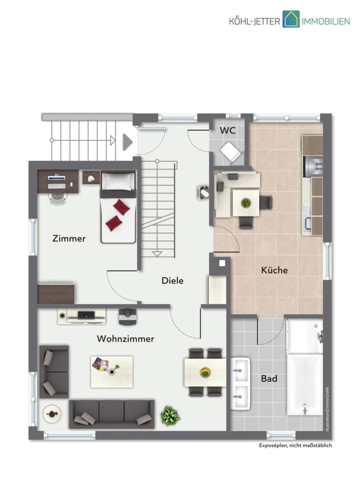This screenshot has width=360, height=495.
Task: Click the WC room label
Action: [x=227, y=131]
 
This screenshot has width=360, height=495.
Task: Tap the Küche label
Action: [x=274, y=270]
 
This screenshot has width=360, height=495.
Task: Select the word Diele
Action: [x=173, y=280]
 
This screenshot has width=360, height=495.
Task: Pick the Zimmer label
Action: [x=69, y=238]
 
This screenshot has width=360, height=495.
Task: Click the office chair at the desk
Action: [x=58, y=198]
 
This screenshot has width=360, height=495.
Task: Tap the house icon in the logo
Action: [x=291, y=19]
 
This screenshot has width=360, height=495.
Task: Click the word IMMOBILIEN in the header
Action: [x=326, y=21]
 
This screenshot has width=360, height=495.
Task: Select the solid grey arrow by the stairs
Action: [x=128, y=142]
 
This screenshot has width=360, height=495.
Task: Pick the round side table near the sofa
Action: [x=52, y=414]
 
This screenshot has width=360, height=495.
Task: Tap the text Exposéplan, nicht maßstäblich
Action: [x=296, y=450]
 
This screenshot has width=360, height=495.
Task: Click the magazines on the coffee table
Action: [x=101, y=364]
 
